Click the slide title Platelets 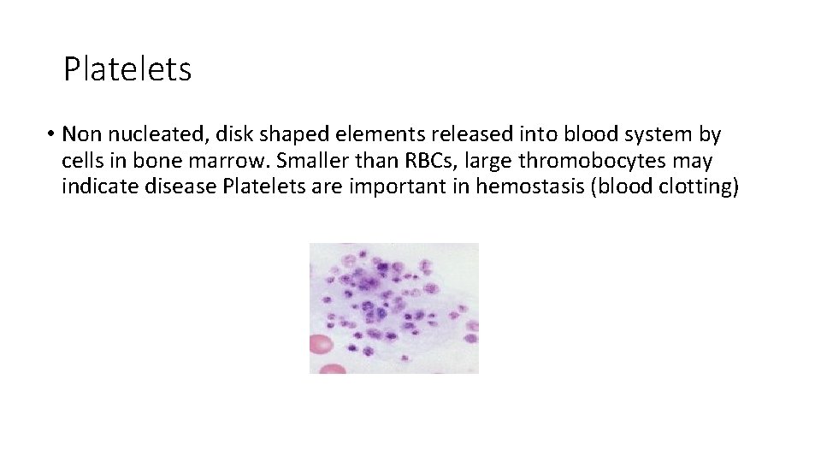[x=127, y=69]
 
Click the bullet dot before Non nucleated [x=52, y=135]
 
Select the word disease [x=175, y=186]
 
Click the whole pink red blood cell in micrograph [x=321, y=344]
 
